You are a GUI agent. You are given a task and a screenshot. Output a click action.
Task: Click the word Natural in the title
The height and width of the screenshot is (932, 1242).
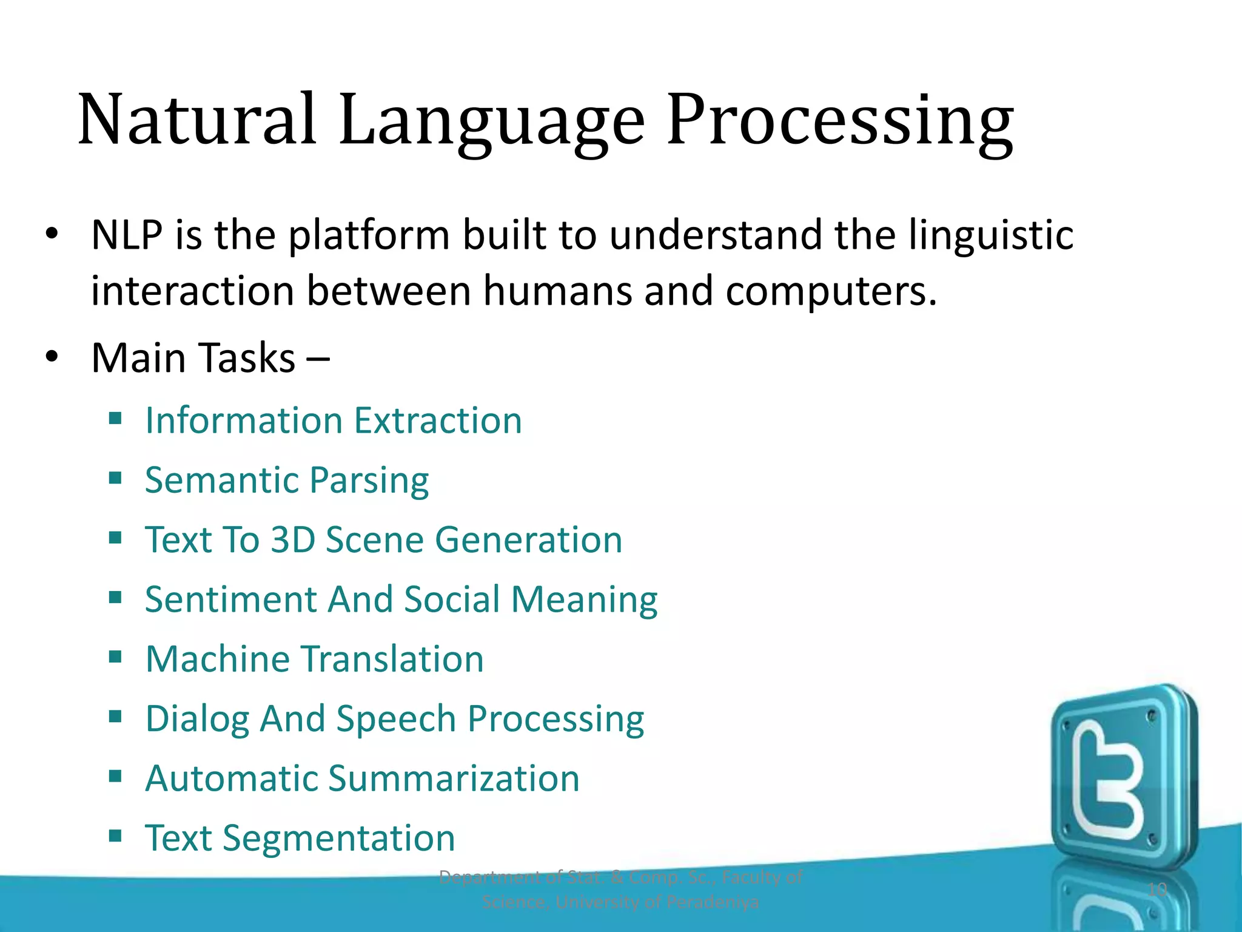[197, 120]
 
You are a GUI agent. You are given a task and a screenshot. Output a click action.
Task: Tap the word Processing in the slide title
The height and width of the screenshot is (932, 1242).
[840, 121]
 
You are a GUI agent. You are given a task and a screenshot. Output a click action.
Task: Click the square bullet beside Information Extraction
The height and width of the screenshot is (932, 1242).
[115, 418]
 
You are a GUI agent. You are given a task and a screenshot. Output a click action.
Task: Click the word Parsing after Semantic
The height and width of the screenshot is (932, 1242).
[369, 481]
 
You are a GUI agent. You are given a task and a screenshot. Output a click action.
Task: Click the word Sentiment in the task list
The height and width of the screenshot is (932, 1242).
[231, 599]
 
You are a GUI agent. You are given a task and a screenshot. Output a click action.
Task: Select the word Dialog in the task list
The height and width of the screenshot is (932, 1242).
[198, 720]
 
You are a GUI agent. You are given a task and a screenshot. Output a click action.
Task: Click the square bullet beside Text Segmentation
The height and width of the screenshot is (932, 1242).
[115, 836]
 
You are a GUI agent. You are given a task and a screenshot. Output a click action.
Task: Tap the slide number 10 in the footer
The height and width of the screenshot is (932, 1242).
[1157, 890]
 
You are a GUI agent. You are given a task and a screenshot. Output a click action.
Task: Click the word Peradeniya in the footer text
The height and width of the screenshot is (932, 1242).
[712, 902]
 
